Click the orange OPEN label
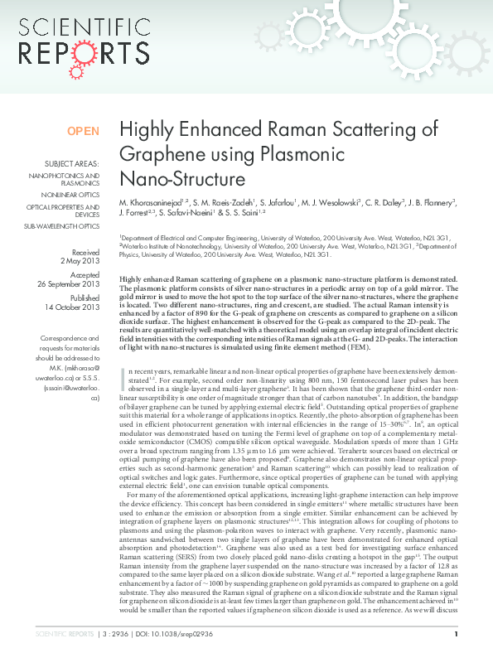coord(83,131)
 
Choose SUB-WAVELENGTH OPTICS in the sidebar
coord(61,225)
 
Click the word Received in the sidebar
coord(85,252)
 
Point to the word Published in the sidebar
coord(85,297)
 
